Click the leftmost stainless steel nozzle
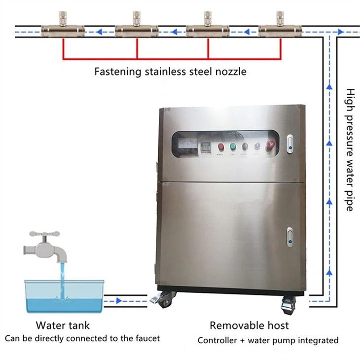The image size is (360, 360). click(63, 30)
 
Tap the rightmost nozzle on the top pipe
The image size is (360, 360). click(280, 30)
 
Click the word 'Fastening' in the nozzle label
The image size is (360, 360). click(117, 72)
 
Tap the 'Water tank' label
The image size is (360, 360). click(63, 325)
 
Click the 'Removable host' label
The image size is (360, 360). click(249, 325)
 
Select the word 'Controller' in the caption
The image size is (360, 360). click(217, 340)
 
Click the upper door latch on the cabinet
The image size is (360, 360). click(290, 143)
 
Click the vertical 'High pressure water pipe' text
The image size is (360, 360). click(349, 150)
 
